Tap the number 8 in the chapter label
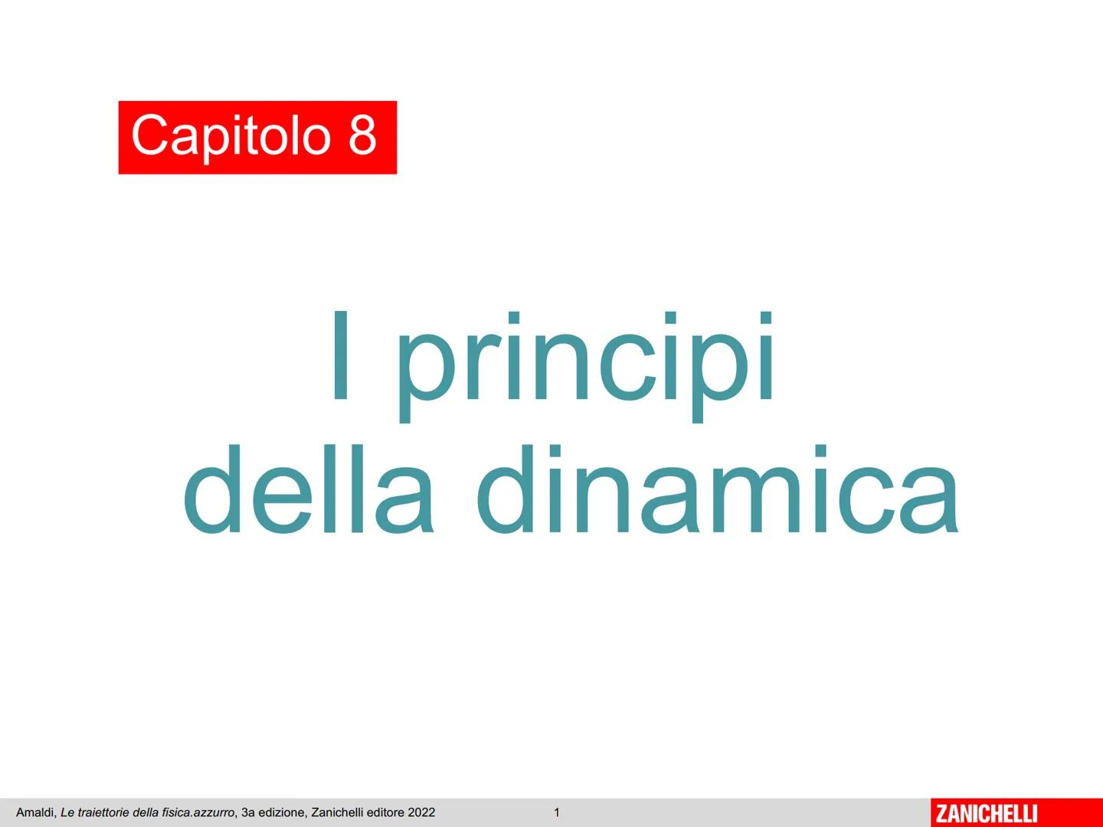362,134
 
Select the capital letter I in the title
341,356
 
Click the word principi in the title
586,364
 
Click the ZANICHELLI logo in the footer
987,812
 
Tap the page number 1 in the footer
557,812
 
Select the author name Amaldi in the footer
35,812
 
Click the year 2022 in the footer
421,812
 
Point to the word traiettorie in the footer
103,812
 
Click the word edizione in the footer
283,812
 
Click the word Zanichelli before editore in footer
337,812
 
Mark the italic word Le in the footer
67,812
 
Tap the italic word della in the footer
146,812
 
